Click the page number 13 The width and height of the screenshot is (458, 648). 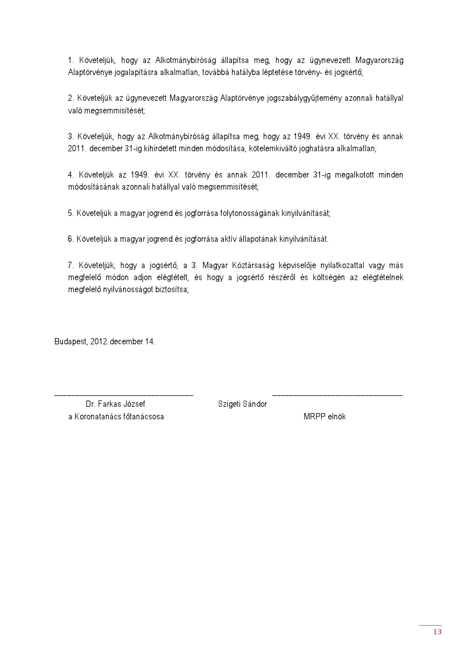tap(437, 632)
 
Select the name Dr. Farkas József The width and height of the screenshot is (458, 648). tap(115, 404)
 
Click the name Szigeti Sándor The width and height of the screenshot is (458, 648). tap(242, 404)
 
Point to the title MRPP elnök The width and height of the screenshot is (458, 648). tap(324, 417)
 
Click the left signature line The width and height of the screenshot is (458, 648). tap(124, 394)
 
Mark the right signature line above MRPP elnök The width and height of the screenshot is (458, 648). tap(337, 394)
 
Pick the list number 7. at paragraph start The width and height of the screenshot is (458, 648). tap(72, 265)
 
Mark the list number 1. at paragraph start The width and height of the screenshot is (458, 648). tap(72, 60)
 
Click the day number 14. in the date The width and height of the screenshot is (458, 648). tap(149, 341)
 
